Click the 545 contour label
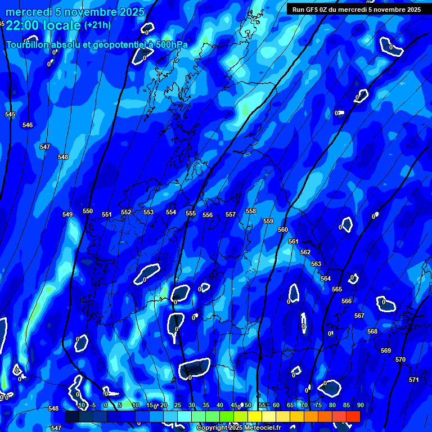click(x=10, y=114)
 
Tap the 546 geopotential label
click(x=28, y=125)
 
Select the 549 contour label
click(x=67, y=214)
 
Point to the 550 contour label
click(x=88, y=211)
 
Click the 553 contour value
click(x=148, y=212)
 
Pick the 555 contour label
click(x=191, y=213)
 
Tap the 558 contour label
click(x=251, y=211)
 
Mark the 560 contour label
click(x=283, y=229)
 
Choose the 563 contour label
click(x=316, y=264)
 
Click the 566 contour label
click(x=346, y=301)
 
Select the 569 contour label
click(x=386, y=350)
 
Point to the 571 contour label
click(x=414, y=380)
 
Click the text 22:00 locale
click(x=43, y=25)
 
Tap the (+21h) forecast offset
click(x=97, y=25)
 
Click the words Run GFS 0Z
click(x=310, y=10)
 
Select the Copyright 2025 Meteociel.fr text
click(x=238, y=428)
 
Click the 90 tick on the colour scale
click(x=360, y=405)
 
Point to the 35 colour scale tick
click(x=205, y=405)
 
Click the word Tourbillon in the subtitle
click(x=28, y=45)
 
